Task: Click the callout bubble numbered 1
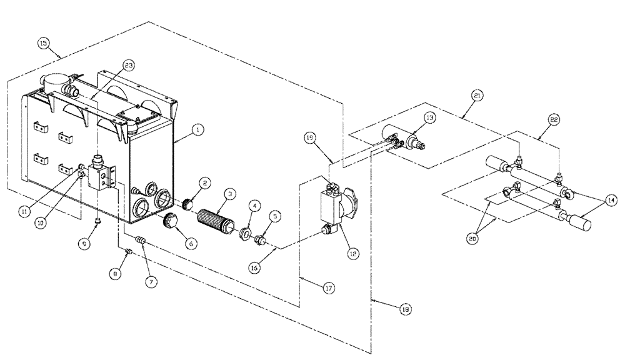click(x=197, y=130)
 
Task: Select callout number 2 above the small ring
click(x=205, y=182)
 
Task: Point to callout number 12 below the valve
click(x=353, y=254)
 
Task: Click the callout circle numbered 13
click(x=430, y=117)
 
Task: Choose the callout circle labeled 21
click(x=478, y=95)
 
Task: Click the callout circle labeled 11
click(x=24, y=211)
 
